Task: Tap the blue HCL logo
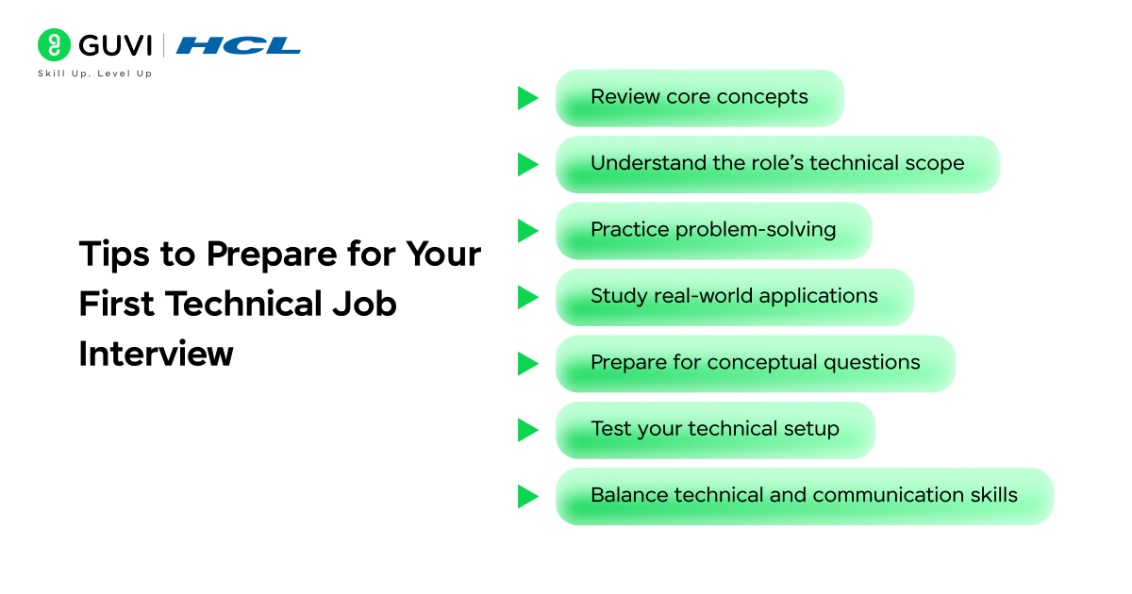coord(239,45)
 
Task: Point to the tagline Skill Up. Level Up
coord(94,74)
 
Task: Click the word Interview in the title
coord(156,354)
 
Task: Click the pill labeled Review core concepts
coord(699,97)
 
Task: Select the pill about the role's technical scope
coord(776,164)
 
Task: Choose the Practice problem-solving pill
coord(713,230)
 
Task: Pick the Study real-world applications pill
coord(734,297)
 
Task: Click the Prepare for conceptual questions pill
coord(755,363)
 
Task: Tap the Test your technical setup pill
coord(714,430)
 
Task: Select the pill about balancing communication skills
coord(804,496)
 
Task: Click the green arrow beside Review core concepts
coord(527,98)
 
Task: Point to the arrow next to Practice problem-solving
coord(527,231)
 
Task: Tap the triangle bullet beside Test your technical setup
coord(527,430)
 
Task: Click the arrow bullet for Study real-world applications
coord(527,298)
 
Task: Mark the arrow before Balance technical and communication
coord(527,497)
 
